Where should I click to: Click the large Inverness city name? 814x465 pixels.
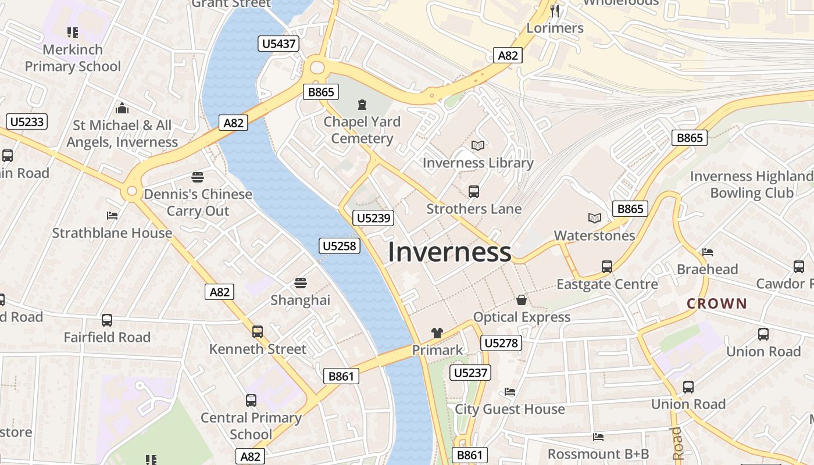pos(449,252)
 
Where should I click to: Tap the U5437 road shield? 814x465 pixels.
pos(279,44)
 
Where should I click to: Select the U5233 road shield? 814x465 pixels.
pos(27,121)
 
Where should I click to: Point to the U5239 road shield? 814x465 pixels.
pos(373,218)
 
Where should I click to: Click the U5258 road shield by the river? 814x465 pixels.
pos(340,246)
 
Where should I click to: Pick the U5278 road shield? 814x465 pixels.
pos(501,343)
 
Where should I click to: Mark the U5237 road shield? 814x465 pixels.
pos(471,373)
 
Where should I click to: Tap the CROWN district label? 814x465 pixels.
pos(716,303)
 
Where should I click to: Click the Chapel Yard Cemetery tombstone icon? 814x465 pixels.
pos(362,105)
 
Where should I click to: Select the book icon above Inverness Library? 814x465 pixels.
pos(478,145)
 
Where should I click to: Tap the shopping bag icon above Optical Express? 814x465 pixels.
pos(522,300)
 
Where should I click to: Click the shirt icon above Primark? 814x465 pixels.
pos(437,333)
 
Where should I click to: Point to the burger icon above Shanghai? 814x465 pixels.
pos(300,283)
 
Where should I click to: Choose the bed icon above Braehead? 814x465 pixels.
pos(707,252)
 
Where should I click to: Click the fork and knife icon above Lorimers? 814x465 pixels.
pos(555,10)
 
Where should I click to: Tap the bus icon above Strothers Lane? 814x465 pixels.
pos(474,191)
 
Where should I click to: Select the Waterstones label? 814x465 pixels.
pos(594,235)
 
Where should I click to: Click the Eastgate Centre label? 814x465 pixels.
pos(607,284)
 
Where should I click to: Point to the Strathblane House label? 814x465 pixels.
pos(112,233)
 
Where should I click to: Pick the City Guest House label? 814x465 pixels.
pos(509,409)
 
